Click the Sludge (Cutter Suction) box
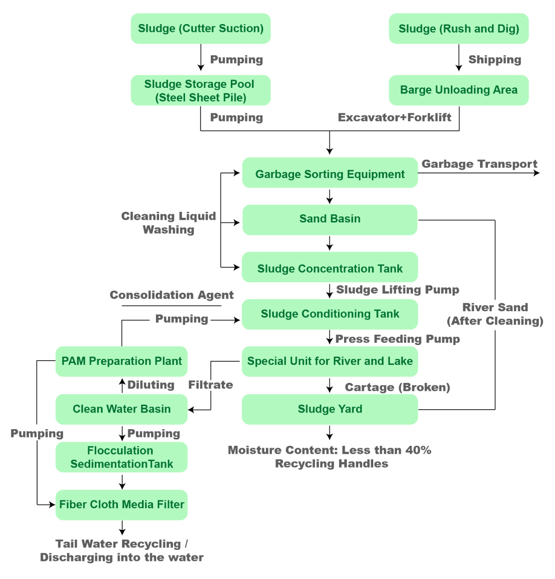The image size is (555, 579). pyautogui.click(x=201, y=29)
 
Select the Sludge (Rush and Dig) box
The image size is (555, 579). pyautogui.click(x=459, y=29)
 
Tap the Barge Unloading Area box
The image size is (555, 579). pyautogui.click(x=459, y=90)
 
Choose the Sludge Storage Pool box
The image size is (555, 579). pyautogui.click(x=201, y=90)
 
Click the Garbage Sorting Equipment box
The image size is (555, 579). pyautogui.click(x=330, y=172)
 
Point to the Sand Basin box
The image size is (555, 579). pyautogui.click(x=330, y=220)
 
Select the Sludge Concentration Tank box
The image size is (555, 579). pyautogui.click(x=330, y=267)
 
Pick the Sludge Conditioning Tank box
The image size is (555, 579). pyautogui.click(x=330, y=314)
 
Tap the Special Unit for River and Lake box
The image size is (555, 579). pyautogui.click(x=330, y=362)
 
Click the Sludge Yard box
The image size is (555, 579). pyautogui.click(x=330, y=409)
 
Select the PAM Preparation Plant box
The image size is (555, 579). pyautogui.click(x=122, y=362)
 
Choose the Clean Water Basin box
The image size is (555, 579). pyautogui.click(x=122, y=409)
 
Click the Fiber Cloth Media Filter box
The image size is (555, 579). pyautogui.click(x=122, y=505)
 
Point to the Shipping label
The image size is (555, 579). pyautogui.click(x=494, y=60)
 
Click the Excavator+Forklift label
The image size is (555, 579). pyautogui.click(x=395, y=117)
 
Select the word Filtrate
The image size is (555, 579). pyautogui.click(x=210, y=385)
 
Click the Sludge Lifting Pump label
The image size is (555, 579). pyautogui.click(x=398, y=290)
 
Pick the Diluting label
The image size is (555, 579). pyautogui.click(x=151, y=385)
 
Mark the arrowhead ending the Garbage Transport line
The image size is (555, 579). pyautogui.click(x=536, y=173)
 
